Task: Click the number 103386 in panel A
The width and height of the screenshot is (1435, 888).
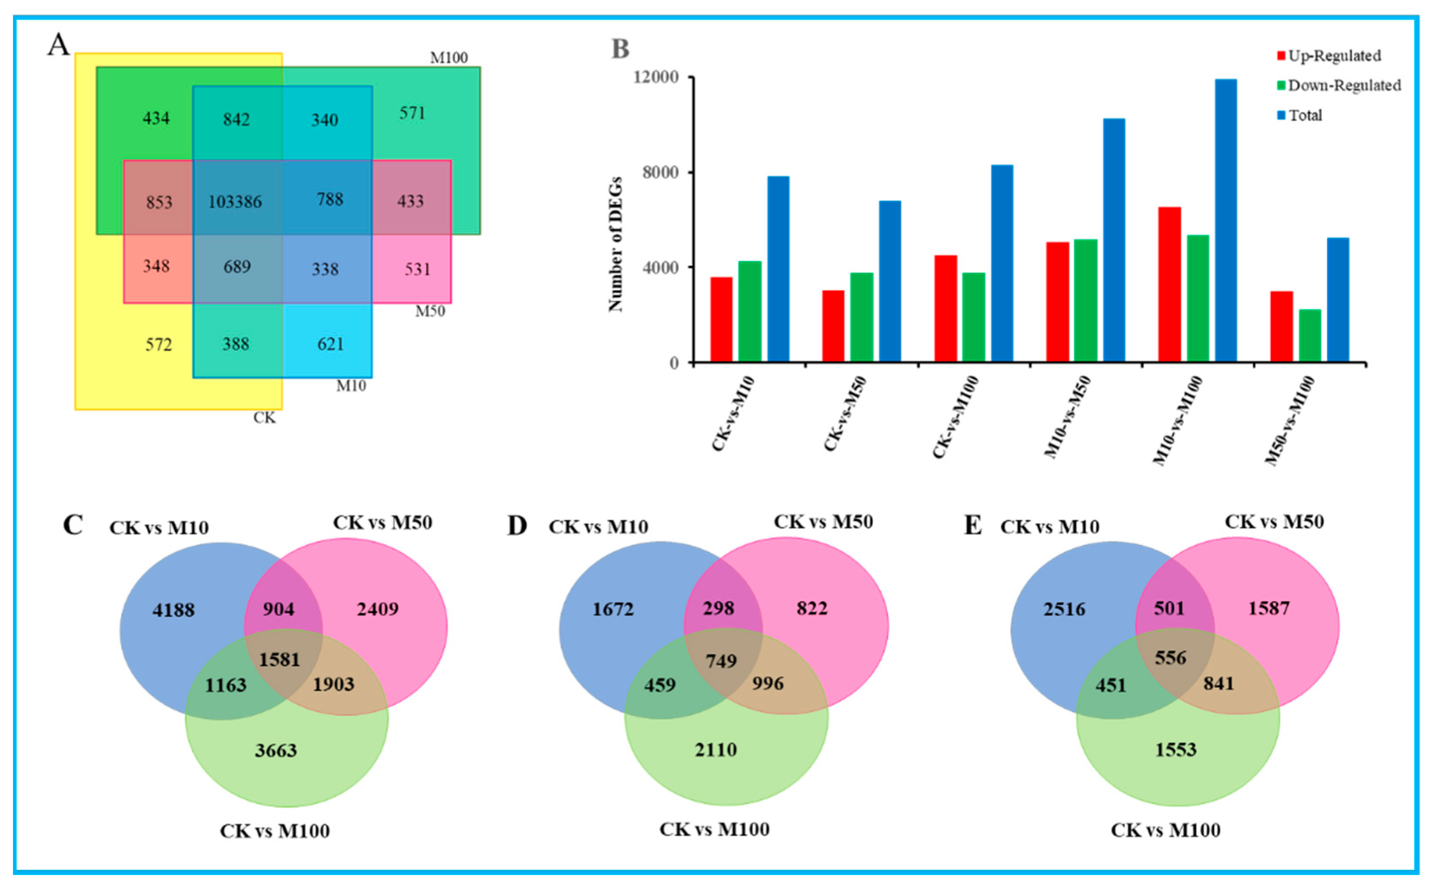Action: coord(235,201)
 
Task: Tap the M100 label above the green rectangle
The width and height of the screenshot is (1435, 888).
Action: coord(449,57)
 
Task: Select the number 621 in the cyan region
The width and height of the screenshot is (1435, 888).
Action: coord(330,344)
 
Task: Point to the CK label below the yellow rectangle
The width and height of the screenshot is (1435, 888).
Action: coord(264,417)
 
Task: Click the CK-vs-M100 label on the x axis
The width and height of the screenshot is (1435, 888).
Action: coord(956,417)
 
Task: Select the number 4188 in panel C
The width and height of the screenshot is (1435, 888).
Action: coord(173,610)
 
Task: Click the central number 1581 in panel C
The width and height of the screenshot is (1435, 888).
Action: coord(280,659)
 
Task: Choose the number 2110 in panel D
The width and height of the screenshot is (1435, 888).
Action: coord(716,750)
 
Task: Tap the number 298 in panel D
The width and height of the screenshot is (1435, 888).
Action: coord(719,608)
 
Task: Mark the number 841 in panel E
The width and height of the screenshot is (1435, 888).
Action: coord(1218,683)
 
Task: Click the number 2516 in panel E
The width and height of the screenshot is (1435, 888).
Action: coord(1064,609)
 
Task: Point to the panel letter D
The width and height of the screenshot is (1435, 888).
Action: coord(517,525)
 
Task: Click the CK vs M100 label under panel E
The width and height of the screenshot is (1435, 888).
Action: coord(1165,830)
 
